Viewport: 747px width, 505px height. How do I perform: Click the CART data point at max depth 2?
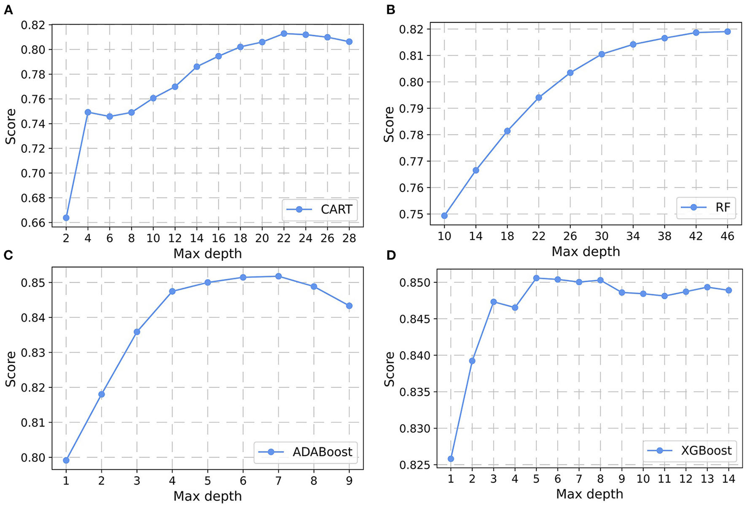pos(66,218)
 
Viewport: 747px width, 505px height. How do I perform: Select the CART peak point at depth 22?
pos(284,33)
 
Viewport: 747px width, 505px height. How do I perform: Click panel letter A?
pos(8,10)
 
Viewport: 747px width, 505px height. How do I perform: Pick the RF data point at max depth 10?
pos(444,216)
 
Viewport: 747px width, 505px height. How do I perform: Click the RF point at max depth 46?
pos(727,32)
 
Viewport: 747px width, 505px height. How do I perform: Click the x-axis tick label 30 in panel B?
pos(602,236)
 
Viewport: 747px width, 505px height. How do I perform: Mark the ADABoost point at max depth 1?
pos(66,460)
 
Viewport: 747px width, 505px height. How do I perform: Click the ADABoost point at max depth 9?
pos(349,305)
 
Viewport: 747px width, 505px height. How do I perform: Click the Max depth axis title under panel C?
pos(207,496)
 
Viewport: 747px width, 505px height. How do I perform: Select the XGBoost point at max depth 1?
pos(451,459)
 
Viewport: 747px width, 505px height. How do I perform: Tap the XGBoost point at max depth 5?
pos(536,278)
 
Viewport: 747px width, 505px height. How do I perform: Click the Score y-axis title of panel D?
pos(389,369)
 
